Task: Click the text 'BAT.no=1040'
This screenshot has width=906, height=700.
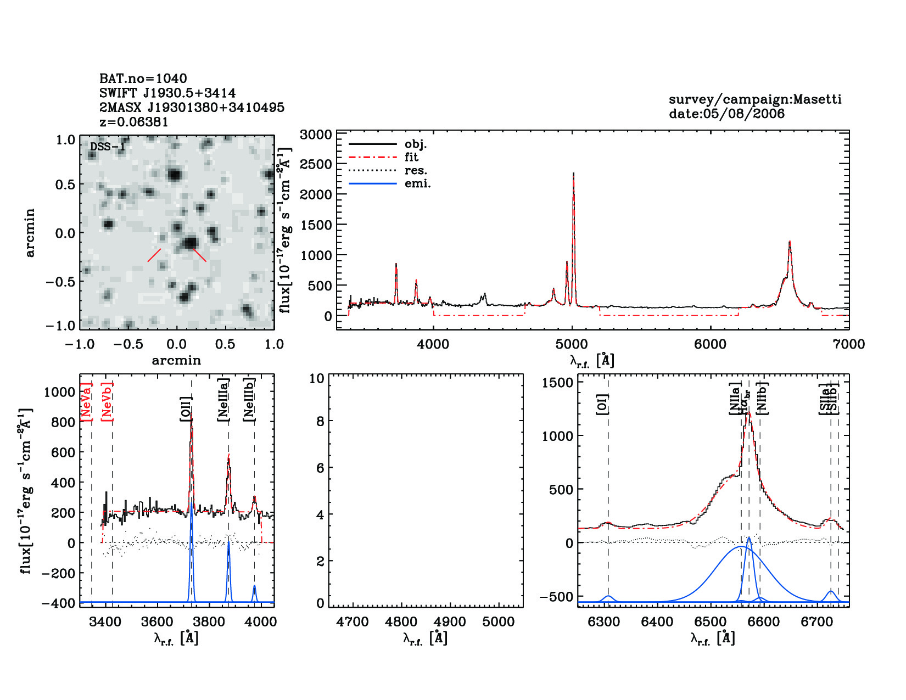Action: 143,79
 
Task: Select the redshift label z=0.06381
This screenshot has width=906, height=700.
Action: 134,122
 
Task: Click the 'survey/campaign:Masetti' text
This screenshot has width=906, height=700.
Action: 755,99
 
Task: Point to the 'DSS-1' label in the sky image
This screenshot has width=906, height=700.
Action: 108,147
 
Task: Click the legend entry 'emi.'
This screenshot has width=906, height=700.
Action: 418,183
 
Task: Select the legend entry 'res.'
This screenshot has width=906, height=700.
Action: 416,170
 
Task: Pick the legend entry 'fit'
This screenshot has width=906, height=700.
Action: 411,157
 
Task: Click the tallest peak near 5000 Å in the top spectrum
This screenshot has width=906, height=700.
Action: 573,175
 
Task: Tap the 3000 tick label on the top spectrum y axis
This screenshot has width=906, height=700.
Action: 317,135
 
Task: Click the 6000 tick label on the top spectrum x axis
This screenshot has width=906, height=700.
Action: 711,344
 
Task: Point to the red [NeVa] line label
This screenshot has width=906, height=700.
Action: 86,401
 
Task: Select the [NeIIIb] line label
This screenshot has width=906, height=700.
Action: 249,399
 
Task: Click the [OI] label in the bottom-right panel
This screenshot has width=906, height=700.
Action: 602,404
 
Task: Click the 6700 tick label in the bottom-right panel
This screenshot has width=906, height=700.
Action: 817,622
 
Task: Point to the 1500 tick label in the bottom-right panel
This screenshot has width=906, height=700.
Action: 557,383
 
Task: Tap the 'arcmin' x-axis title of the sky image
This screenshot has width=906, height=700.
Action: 176,361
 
